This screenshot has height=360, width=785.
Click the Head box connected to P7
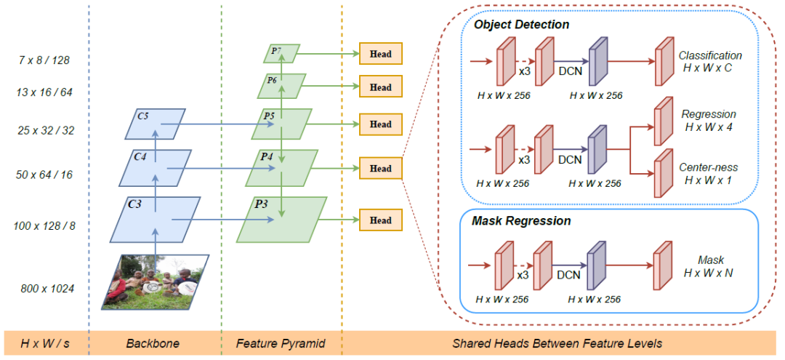point(380,54)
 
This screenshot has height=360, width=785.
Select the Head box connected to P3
point(380,220)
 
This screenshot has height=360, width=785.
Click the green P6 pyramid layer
point(279,86)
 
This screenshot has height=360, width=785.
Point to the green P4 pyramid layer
point(281,168)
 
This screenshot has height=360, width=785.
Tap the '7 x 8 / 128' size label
point(45,60)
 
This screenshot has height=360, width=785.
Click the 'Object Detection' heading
point(521,25)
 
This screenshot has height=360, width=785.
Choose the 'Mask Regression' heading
point(521,220)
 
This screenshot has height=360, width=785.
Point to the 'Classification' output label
point(709,55)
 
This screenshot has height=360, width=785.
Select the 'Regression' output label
point(709,114)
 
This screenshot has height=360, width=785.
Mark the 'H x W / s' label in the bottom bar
point(44,343)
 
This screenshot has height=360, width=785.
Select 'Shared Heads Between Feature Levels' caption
point(557,343)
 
